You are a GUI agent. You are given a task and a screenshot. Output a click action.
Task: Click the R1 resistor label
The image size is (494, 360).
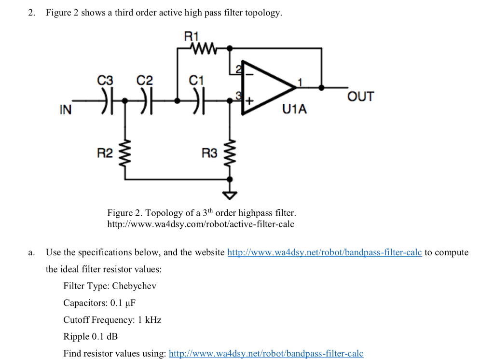(192, 35)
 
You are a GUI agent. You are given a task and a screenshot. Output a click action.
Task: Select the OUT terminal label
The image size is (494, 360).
(360, 97)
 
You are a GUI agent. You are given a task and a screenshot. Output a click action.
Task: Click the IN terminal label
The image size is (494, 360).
(65, 110)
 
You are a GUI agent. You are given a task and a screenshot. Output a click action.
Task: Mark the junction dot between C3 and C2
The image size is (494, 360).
(125, 101)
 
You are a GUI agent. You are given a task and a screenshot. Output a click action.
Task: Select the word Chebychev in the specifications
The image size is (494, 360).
(134, 286)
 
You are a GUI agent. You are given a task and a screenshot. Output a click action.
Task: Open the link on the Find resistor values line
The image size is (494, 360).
(266, 353)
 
